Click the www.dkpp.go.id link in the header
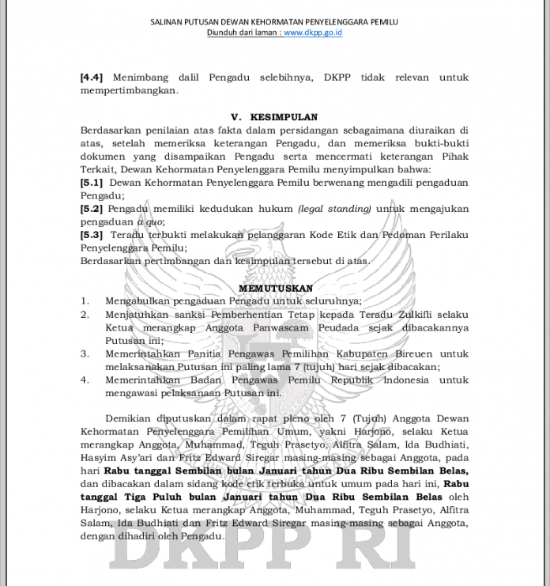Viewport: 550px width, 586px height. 313,32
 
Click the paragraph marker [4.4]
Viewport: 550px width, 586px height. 92,78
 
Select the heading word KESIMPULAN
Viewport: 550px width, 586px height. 284,117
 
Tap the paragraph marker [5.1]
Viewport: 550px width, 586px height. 92,182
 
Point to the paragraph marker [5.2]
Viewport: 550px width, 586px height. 92,209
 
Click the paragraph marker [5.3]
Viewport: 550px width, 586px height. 92,235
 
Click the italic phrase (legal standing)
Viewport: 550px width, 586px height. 334,209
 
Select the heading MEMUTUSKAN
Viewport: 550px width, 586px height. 275,289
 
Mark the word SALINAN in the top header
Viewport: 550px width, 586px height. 168,21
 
